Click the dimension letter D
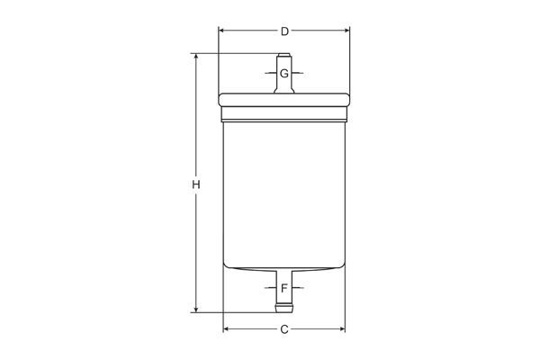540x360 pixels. (x=284, y=31)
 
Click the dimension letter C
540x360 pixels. (x=284, y=329)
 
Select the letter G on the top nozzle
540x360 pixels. (x=284, y=73)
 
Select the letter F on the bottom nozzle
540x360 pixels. (x=284, y=288)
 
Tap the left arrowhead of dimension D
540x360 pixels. (x=221, y=31)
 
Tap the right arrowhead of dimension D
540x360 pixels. (x=346, y=31)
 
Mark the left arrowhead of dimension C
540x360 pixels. (x=226, y=329)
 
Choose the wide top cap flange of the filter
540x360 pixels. (x=284, y=100)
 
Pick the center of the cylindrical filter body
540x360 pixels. (x=284, y=193)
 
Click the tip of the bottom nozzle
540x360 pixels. (x=284, y=311)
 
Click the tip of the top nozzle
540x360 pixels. (x=284, y=56)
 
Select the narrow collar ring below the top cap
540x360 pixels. (x=284, y=115)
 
